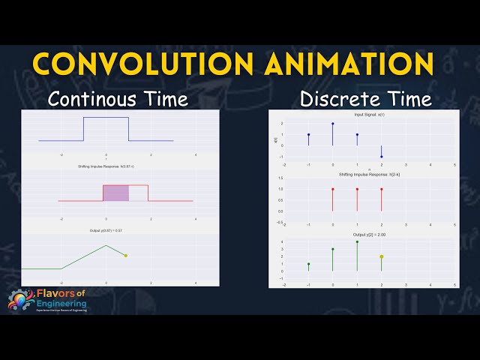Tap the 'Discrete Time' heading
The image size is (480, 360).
(365, 98)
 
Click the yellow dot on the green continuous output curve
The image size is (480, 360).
(126, 256)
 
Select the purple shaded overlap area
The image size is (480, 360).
(116, 193)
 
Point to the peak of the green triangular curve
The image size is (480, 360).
(106, 245)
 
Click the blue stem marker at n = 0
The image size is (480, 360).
(332, 124)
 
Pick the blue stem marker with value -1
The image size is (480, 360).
(381, 157)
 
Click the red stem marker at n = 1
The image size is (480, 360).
(357, 189)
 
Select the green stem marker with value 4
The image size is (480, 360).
(357, 242)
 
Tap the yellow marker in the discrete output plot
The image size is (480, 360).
(381, 256)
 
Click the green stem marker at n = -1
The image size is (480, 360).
(308, 264)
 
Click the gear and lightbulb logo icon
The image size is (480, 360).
(21, 301)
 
